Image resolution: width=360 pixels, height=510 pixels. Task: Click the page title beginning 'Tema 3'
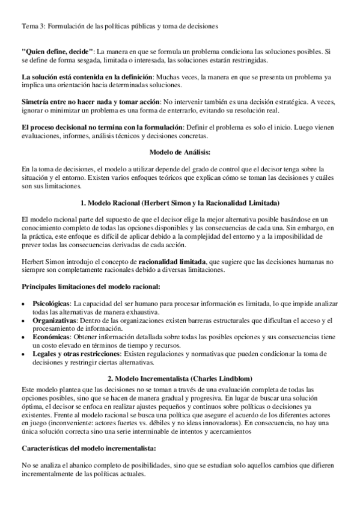(120, 26)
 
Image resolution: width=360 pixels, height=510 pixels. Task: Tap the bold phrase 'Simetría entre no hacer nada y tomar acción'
(90, 102)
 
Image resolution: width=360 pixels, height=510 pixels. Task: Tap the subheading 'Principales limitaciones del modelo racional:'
(90, 287)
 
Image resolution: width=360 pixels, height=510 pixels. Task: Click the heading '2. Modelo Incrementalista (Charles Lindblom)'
(180, 379)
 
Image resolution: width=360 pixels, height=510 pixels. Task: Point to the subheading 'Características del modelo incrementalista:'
(88, 448)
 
